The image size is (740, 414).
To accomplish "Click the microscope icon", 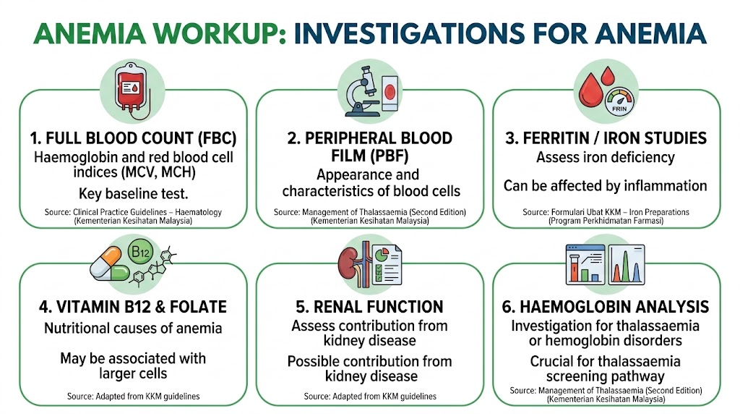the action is [362, 91].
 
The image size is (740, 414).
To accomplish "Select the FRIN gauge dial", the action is [619, 101].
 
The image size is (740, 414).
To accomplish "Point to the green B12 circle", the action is [140, 253].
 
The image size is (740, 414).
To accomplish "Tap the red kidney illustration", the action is [348, 265].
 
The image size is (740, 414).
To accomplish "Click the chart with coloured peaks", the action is [627, 265].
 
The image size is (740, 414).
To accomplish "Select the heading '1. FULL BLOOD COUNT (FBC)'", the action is [133, 138].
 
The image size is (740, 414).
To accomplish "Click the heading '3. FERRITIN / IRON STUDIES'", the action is [606, 138].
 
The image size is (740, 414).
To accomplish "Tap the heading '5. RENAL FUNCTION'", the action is [369, 307].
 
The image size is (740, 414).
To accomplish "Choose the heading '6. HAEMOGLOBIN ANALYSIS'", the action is [606, 307].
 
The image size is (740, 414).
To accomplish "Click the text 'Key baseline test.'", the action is [133, 194].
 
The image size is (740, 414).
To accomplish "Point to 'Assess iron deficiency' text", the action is [606, 157].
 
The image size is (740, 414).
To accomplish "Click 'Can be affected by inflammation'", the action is [606, 186].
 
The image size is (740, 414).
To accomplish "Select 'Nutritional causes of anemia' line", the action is [133, 328].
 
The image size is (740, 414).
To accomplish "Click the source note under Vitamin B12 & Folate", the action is [133, 397].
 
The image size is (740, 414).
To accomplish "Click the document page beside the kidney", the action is [387, 265].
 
